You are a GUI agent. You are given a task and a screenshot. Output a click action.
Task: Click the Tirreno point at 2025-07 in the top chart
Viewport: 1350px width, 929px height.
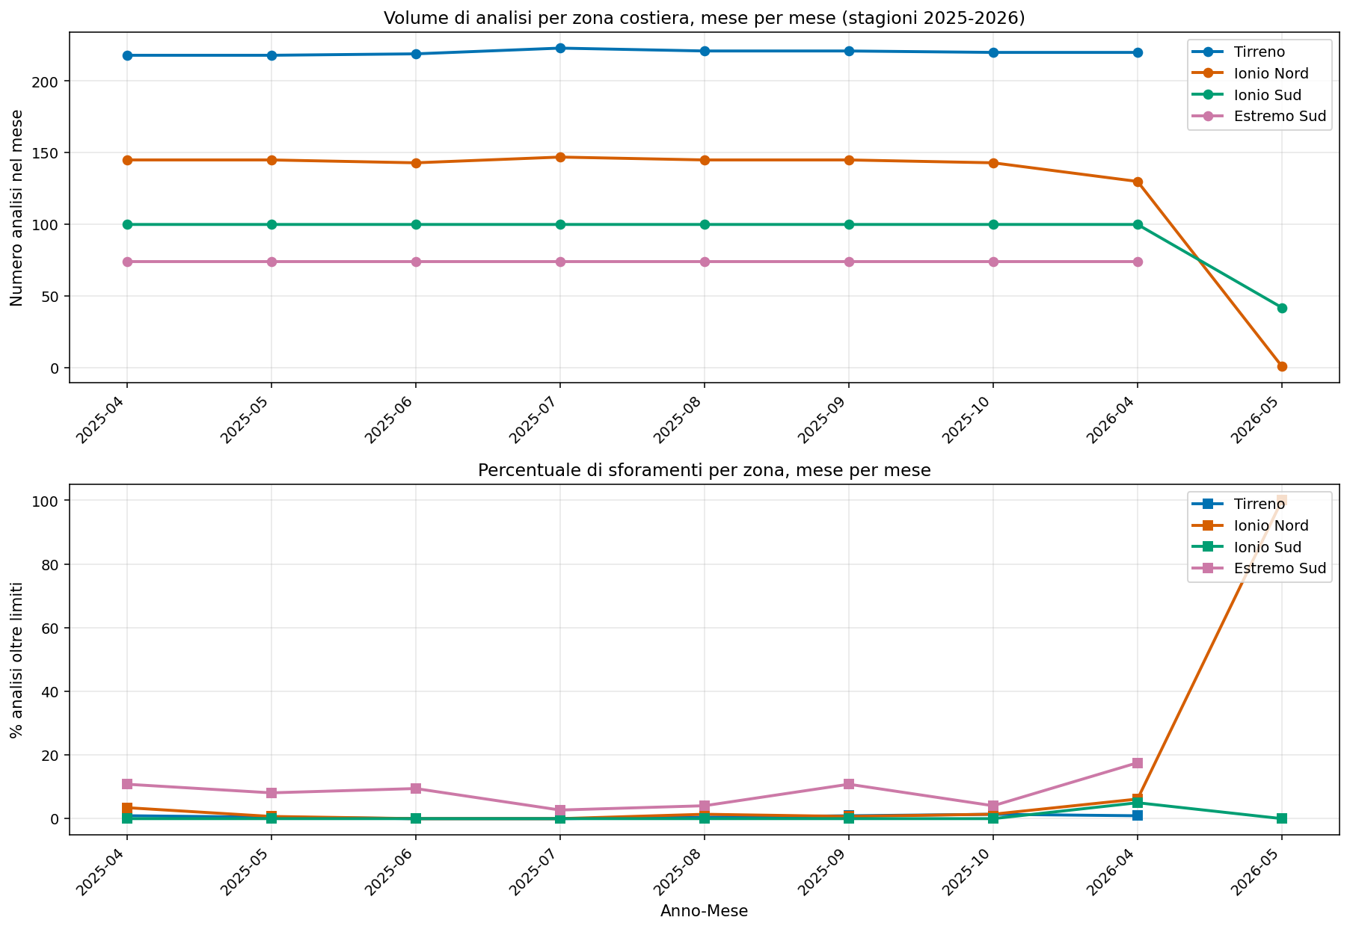click(x=560, y=48)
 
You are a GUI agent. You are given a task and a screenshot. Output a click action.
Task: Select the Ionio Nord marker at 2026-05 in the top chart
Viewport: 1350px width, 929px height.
click(x=1282, y=366)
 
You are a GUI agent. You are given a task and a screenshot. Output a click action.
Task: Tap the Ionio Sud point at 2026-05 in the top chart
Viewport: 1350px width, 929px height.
click(x=1282, y=308)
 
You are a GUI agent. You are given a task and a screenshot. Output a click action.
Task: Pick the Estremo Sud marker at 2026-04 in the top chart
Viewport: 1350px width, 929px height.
click(x=1138, y=262)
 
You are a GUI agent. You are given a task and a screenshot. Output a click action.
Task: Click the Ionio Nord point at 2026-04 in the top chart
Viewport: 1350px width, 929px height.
click(x=1138, y=182)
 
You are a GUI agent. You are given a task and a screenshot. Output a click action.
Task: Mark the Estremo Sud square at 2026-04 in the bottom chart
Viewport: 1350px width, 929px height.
click(x=1138, y=763)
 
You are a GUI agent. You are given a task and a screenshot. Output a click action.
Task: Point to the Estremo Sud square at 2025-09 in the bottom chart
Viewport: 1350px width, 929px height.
click(x=849, y=784)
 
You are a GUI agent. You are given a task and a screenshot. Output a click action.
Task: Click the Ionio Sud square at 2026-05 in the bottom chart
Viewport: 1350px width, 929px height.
click(x=1282, y=818)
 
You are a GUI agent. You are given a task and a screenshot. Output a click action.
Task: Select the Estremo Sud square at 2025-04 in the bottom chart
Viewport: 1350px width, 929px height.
click(x=127, y=784)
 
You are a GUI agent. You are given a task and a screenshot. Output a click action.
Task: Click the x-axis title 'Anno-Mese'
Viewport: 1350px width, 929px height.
click(x=705, y=911)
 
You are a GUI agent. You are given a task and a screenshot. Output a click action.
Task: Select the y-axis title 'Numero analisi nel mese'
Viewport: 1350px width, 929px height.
click(x=17, y=208)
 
